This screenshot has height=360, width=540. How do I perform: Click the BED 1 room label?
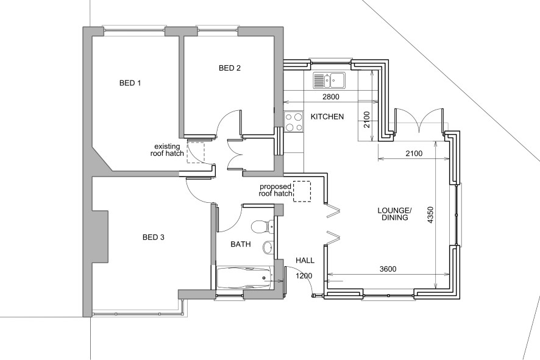130,83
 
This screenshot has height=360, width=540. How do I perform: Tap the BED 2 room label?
230,68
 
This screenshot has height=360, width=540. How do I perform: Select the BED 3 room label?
153,237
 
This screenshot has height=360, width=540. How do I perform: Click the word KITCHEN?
328,116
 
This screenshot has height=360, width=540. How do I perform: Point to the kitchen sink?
329,80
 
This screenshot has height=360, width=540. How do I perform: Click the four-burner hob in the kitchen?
294,121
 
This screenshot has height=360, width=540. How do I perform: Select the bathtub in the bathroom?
243,278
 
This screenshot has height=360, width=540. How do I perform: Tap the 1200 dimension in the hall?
304,276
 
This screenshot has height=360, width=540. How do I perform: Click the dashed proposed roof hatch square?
302,191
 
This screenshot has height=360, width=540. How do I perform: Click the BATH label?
240,244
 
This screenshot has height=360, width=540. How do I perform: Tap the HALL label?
305,260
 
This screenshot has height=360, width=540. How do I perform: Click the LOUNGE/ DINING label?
394,213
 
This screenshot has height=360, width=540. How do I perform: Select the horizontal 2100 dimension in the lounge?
413,154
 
